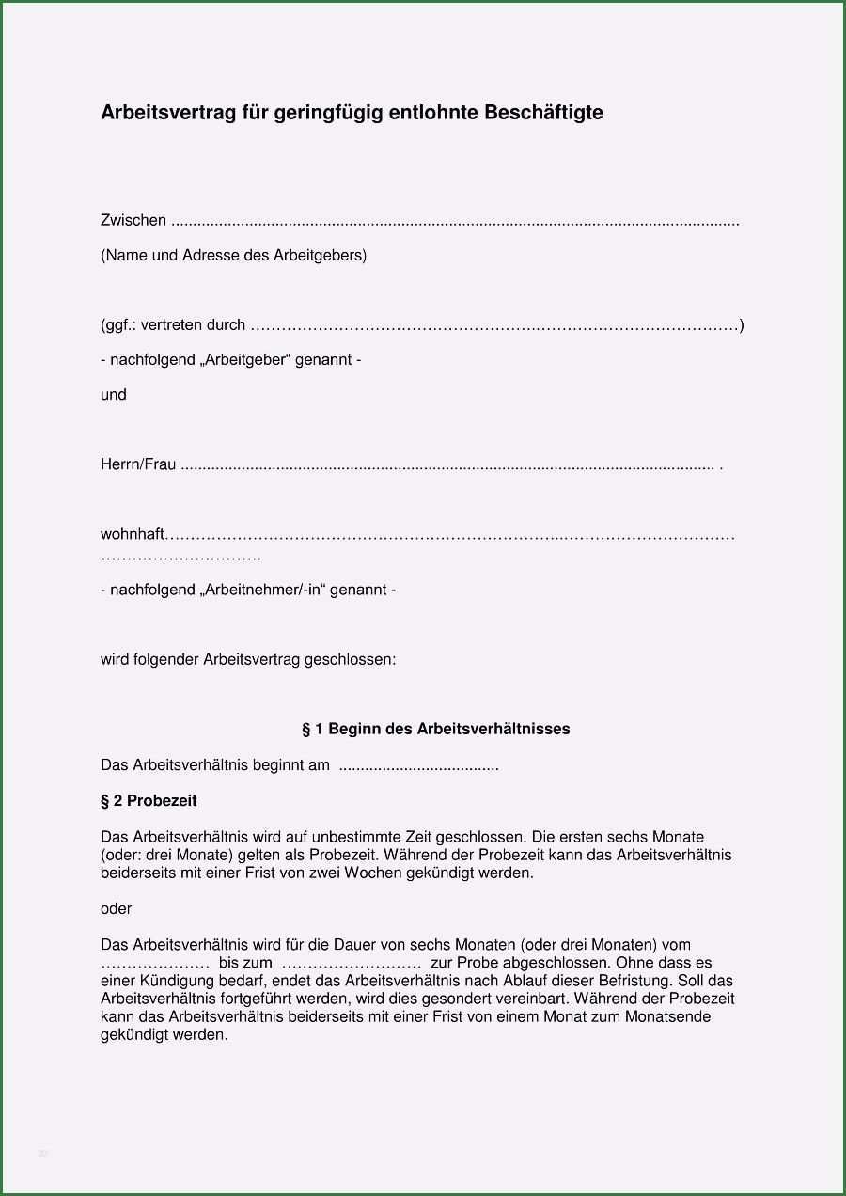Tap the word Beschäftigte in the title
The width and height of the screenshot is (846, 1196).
(543, 113)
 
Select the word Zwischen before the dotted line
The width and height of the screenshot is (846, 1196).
(133, 220)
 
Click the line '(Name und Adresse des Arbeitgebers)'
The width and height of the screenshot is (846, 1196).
(234, 255)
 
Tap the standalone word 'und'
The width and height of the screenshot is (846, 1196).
(114, 395)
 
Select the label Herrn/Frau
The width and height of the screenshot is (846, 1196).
(138, 464)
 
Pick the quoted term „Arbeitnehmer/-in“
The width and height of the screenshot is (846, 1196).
(262, 590)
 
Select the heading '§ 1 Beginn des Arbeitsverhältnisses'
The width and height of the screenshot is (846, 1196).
(435, 729)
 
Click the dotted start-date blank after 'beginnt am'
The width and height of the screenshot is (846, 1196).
(418, 766)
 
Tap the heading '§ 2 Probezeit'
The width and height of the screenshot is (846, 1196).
(149, 801)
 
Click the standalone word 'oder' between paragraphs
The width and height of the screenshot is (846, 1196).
(117, 909)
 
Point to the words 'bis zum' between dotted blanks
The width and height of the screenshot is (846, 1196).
(245, 963)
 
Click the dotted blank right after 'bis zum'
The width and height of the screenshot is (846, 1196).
(351, 963)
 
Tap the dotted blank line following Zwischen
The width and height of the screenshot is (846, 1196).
(457, 222)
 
